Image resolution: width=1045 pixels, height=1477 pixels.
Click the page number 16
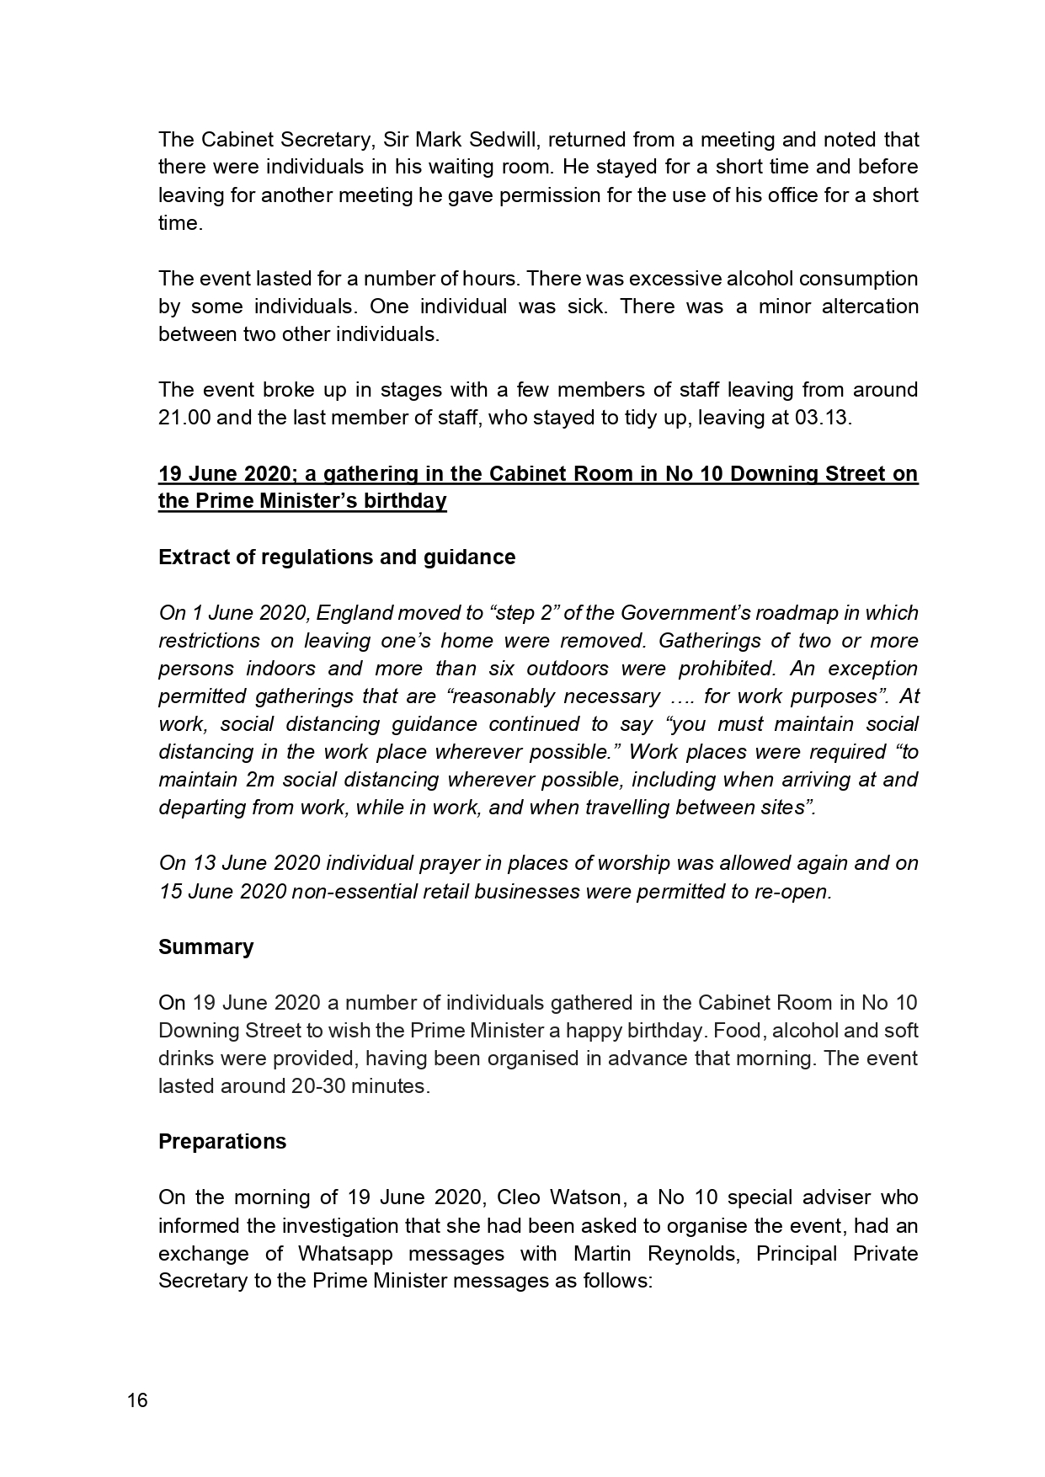tap(137, 1401)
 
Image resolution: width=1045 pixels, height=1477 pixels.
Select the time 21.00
tap(184, 418)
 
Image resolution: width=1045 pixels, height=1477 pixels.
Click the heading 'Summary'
tap(205, 946)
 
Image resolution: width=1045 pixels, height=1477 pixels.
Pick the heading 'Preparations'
tap(222, 1141)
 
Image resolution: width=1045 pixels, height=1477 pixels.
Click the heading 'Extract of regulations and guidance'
tap(337, 557)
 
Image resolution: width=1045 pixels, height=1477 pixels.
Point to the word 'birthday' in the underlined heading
tap(407, 501)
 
